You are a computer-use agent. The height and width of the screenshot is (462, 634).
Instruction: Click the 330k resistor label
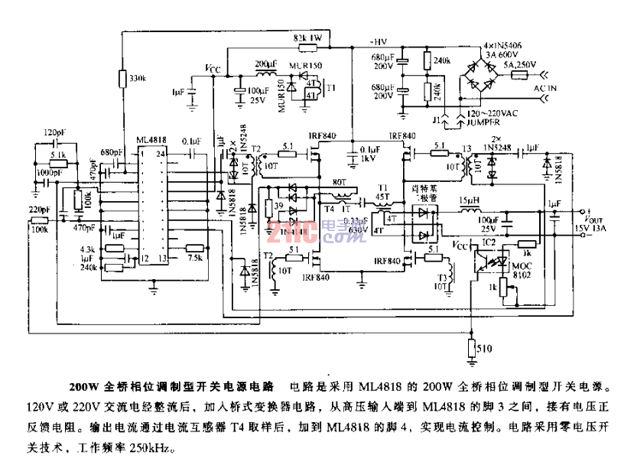[138, 78]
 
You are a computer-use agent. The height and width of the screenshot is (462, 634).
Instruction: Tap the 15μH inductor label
[467, 200]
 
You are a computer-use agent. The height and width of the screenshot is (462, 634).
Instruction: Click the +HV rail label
[377, 41]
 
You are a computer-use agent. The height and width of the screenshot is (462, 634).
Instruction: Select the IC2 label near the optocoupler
[489, 242]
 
